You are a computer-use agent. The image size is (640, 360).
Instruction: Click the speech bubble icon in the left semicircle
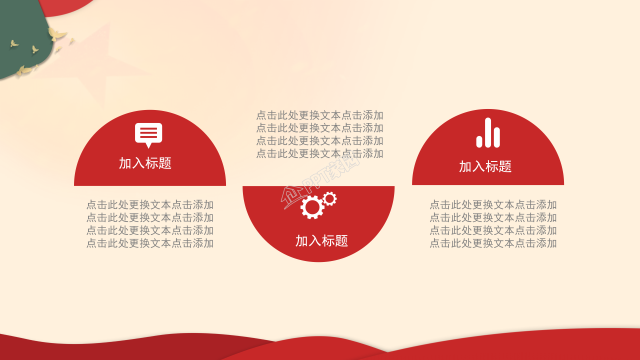pos(148,134)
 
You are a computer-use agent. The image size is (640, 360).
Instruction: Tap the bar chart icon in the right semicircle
pos(488,133)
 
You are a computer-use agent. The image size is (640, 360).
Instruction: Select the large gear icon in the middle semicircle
pos(312,207)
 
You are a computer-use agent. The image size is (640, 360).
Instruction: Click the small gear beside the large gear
pos(329,198)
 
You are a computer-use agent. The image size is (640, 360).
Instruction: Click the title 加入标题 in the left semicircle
pos(145,163)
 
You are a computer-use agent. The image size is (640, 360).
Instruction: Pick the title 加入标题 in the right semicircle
pos(485,166)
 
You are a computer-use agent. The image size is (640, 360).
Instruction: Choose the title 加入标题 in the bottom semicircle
pos(321,240)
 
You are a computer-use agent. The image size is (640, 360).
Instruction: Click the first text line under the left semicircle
pos(150,204)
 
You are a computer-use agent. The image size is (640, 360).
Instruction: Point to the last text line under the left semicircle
pos(150,243)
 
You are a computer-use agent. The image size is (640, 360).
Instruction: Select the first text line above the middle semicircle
pos(320,115)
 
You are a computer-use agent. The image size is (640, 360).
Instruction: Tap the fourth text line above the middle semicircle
pos(320,153)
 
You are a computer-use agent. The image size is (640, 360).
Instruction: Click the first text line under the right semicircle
pos(493,204)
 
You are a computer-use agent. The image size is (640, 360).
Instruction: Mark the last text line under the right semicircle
pos(493,243)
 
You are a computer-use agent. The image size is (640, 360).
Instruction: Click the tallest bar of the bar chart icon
pos(488,132)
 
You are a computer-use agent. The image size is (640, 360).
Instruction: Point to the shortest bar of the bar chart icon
pos(479,141)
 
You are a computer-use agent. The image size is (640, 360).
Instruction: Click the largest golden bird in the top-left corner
pos(56,34)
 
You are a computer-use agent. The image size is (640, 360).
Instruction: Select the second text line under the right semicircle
pos(493,217)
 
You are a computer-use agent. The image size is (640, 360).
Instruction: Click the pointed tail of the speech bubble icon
pos(148,145)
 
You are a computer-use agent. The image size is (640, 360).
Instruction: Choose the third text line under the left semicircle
pos(150,230)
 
